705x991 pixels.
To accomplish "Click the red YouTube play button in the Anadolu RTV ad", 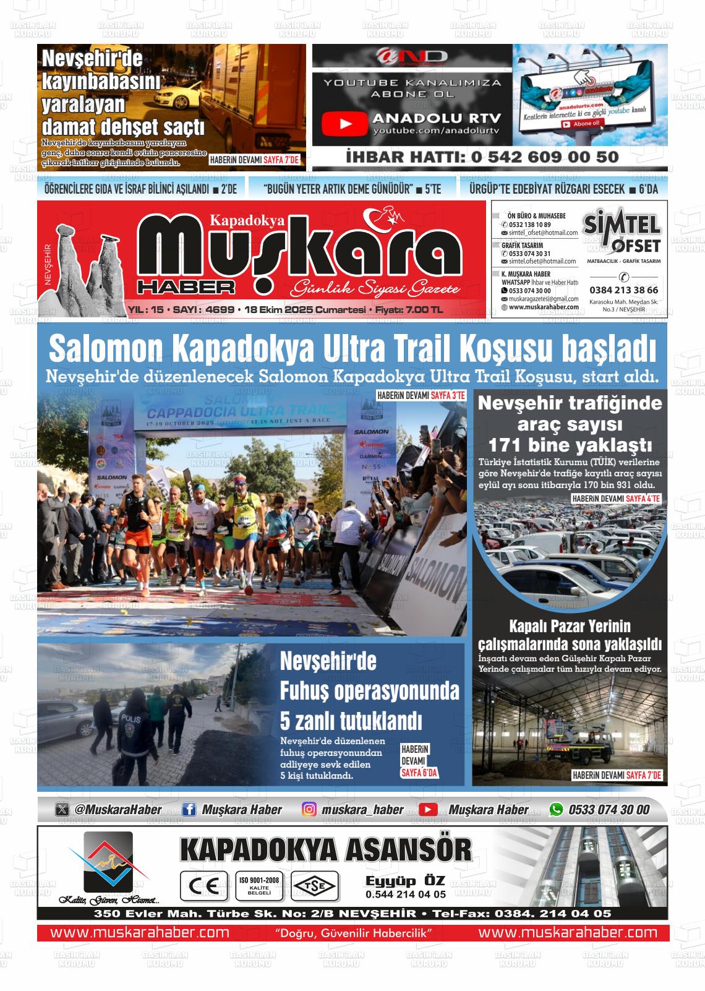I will (x=345, y=124).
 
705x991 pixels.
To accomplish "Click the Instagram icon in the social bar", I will (x=310, y=809).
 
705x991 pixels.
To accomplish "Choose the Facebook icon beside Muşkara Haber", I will (x=189, y=809).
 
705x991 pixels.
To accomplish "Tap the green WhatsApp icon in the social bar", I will (x=557, y=809).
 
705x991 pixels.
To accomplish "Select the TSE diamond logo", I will (x=315, y=886).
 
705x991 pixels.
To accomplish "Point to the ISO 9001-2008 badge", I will (x=259, y=886).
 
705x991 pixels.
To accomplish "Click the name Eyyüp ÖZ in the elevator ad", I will (x=405, y=881).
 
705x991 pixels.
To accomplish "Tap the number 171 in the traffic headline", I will (x=506, y=445).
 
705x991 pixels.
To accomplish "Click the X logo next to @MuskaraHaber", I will (x=62, y=809).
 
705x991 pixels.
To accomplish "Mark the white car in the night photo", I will (x=176, y=97).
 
